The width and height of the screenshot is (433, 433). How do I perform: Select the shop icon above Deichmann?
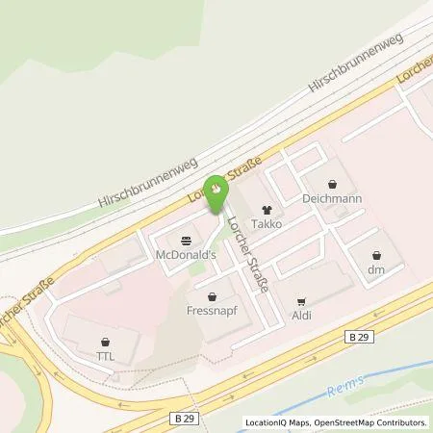click(x=333, y=183)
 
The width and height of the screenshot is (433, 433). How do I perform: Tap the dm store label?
click(x=376, y=270)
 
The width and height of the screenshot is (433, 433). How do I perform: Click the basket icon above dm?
click(x=376, y=254)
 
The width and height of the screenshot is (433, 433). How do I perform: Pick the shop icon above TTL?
click(x=105, y=341)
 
